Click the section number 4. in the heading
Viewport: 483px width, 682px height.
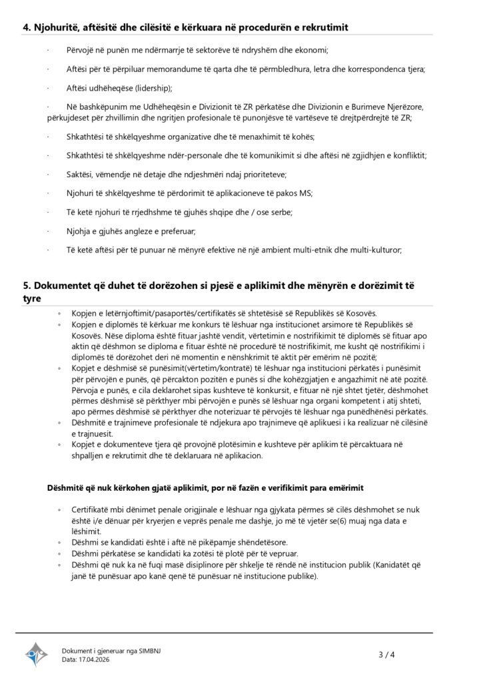point(28,27)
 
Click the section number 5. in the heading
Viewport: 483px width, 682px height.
point(28,286)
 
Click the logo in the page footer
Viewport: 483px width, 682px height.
point(37,655)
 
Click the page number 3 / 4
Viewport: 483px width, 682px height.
point(387,655)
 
